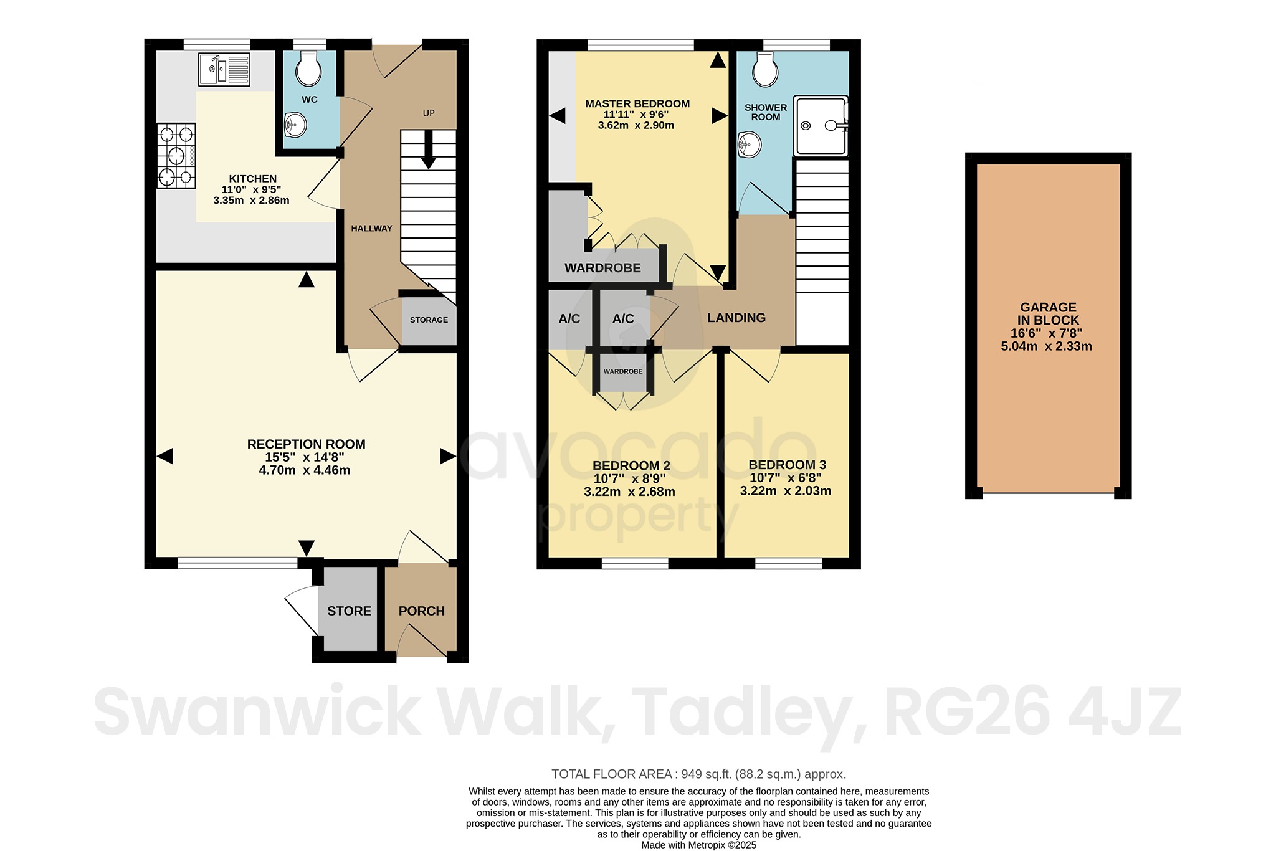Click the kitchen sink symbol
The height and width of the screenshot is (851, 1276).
[x=224, y=69]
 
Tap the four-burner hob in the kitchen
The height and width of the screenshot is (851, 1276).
[x=176, y=156]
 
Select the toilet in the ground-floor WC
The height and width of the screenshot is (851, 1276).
[x=308, y=69]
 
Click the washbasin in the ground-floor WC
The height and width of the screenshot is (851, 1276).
[x=295, y=125]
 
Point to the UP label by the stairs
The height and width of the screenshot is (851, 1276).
[x=429, y=113]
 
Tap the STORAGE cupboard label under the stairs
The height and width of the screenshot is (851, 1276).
[x=429, y=320]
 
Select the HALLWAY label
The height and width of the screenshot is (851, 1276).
[x=371, y=228]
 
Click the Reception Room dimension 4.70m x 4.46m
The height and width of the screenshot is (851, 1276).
[x=304, y=470]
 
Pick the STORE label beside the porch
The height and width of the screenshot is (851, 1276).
[x=349, y=611]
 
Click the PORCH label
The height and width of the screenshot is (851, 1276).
[x=421, y=611]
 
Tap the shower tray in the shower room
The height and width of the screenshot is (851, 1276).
[x=821, y=126]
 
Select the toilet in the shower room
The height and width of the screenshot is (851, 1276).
[x=764, y=69]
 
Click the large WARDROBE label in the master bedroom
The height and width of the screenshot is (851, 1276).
[x=602, y=268]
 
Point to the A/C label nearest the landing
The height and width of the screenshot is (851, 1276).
[x=623, y=319]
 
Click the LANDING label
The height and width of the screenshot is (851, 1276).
[x=736, y=318]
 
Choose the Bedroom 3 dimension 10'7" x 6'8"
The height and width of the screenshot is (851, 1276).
[x=785, y=478]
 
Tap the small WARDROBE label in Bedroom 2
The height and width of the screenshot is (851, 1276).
[x=622, y=371]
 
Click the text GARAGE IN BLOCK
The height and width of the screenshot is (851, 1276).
[x=1047, y=313]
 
